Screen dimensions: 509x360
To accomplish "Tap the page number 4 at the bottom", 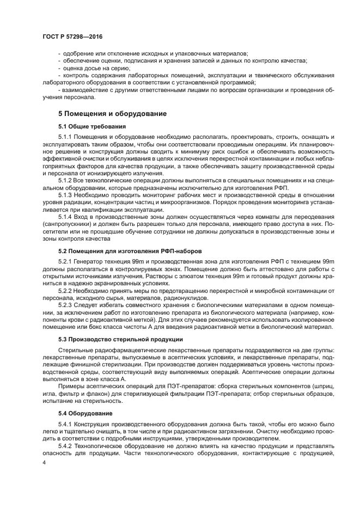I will tap(45, 463).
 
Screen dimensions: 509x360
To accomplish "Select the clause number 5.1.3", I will tap(64, 194).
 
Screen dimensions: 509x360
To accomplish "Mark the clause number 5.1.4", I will tap(64, 216).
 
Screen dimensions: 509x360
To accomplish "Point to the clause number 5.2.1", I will tap(64, 261).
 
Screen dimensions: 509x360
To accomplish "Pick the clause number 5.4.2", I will tap(64, 445).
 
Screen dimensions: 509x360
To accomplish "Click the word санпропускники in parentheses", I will tap(81, 224).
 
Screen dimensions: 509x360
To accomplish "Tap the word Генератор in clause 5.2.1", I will tap(89, 261).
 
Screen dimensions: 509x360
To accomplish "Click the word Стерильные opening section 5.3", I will tap(74, 349).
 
